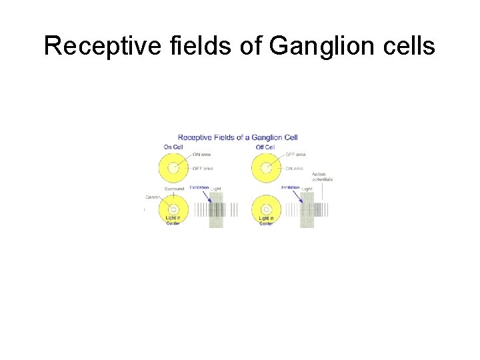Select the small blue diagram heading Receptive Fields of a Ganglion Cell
point(237,137)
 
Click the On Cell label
point(173,147)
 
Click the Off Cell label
point(265,147)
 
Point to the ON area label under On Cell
point(201,154)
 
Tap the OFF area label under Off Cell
point(293,154)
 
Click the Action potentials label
point(322,177)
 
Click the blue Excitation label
point(199,188)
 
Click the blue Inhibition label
point(290,188)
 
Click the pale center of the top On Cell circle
point(173,169)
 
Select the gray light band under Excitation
point(216,211)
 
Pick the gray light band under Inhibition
point(307,211)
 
